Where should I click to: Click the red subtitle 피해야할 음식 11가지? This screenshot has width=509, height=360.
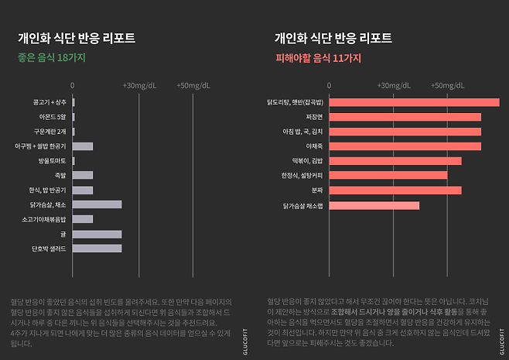point(318,57)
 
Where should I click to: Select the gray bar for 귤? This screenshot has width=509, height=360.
point(97,234)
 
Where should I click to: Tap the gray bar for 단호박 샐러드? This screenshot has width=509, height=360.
point(97,249)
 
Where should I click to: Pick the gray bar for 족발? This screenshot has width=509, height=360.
point(83,175)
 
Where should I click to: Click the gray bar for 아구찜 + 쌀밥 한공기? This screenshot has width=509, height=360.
point(83,146)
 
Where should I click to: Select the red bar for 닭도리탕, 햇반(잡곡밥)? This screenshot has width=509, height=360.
point(414,102)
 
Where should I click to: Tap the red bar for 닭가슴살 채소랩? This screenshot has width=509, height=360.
point(374,205)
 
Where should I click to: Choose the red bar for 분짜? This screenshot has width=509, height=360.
point(395,190)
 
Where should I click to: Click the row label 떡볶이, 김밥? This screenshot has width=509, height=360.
point(306,161)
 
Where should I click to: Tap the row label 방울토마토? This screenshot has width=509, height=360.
point(52,161)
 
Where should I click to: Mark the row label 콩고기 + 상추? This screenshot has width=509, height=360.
point(50,102)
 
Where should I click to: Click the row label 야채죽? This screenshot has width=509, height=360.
point(313,146)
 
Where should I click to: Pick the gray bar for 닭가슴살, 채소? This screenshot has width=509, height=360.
point(97,204)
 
